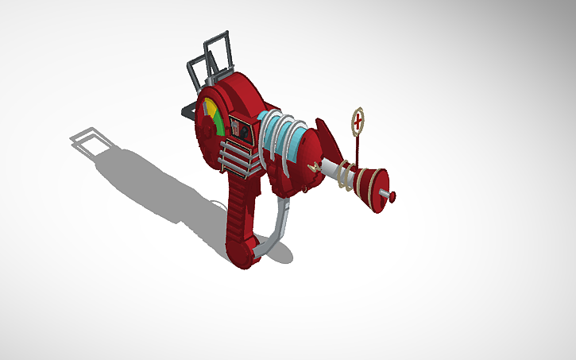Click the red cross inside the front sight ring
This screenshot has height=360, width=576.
358,120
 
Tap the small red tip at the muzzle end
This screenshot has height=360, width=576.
392,195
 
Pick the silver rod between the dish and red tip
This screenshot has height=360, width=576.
385,194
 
